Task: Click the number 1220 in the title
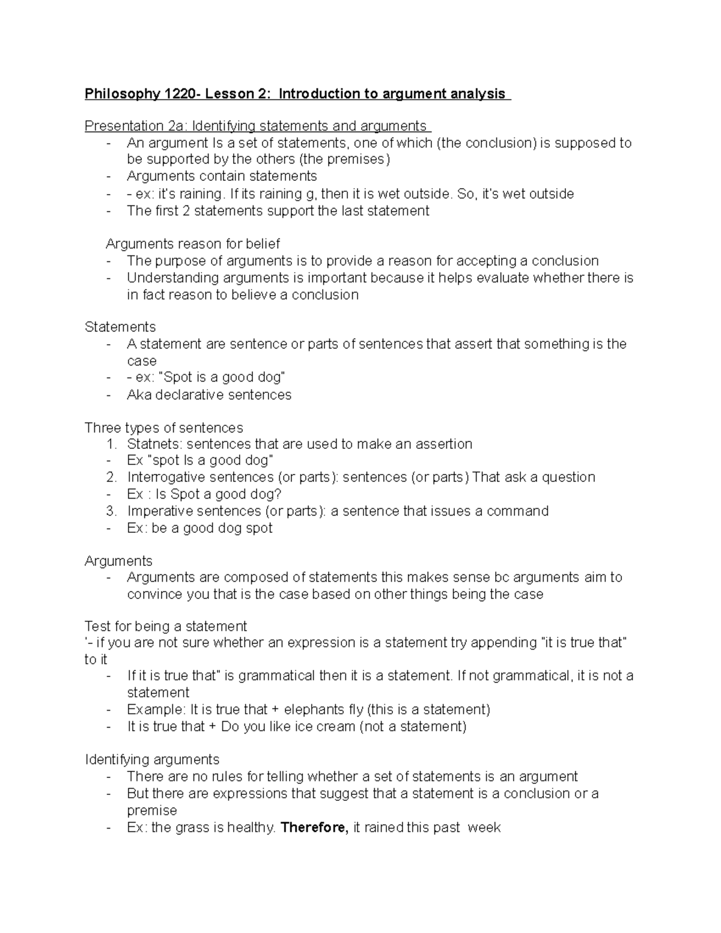(181, 94)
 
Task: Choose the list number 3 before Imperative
(111, 511)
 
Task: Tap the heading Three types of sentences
(163, 428)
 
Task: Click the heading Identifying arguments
(152, 759)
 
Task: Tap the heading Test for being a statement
(166, 626)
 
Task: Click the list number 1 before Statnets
(111, 444)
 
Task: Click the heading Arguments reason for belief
(193, 244)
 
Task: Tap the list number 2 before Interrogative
(111, 478)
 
